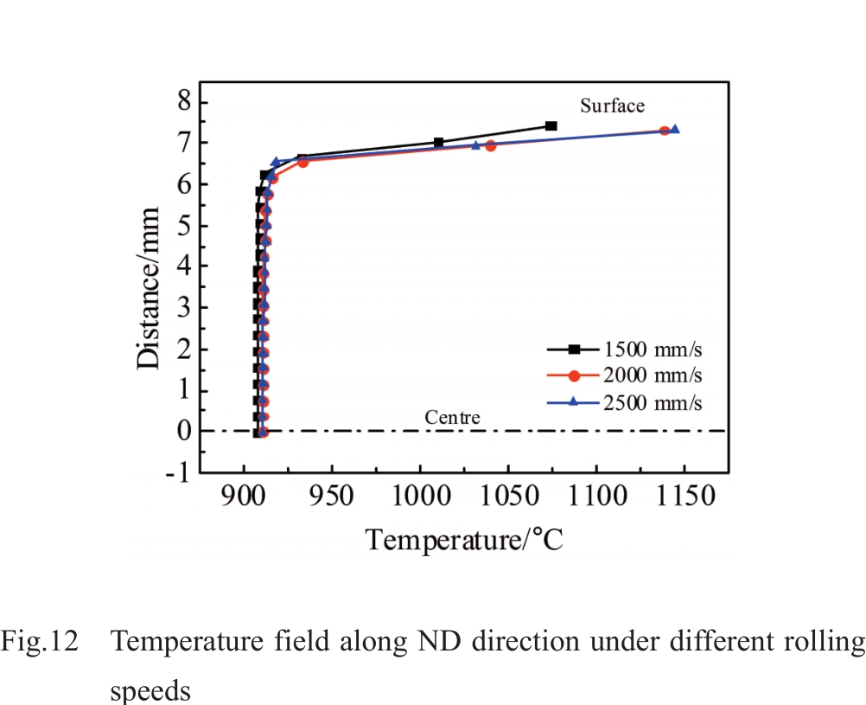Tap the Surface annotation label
(x=612, y=106)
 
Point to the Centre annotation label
(x=452, y=419)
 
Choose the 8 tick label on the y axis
(x=183, y=101)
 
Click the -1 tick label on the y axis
(x=178, y=472)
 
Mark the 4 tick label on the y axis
(x=183, y=266)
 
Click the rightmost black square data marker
(x=551, y=126)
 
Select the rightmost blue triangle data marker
(x=675, y=130)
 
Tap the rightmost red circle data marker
(x=665, y=131)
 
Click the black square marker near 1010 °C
(x=439, y=143)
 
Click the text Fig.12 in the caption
(x=40, y=642)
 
